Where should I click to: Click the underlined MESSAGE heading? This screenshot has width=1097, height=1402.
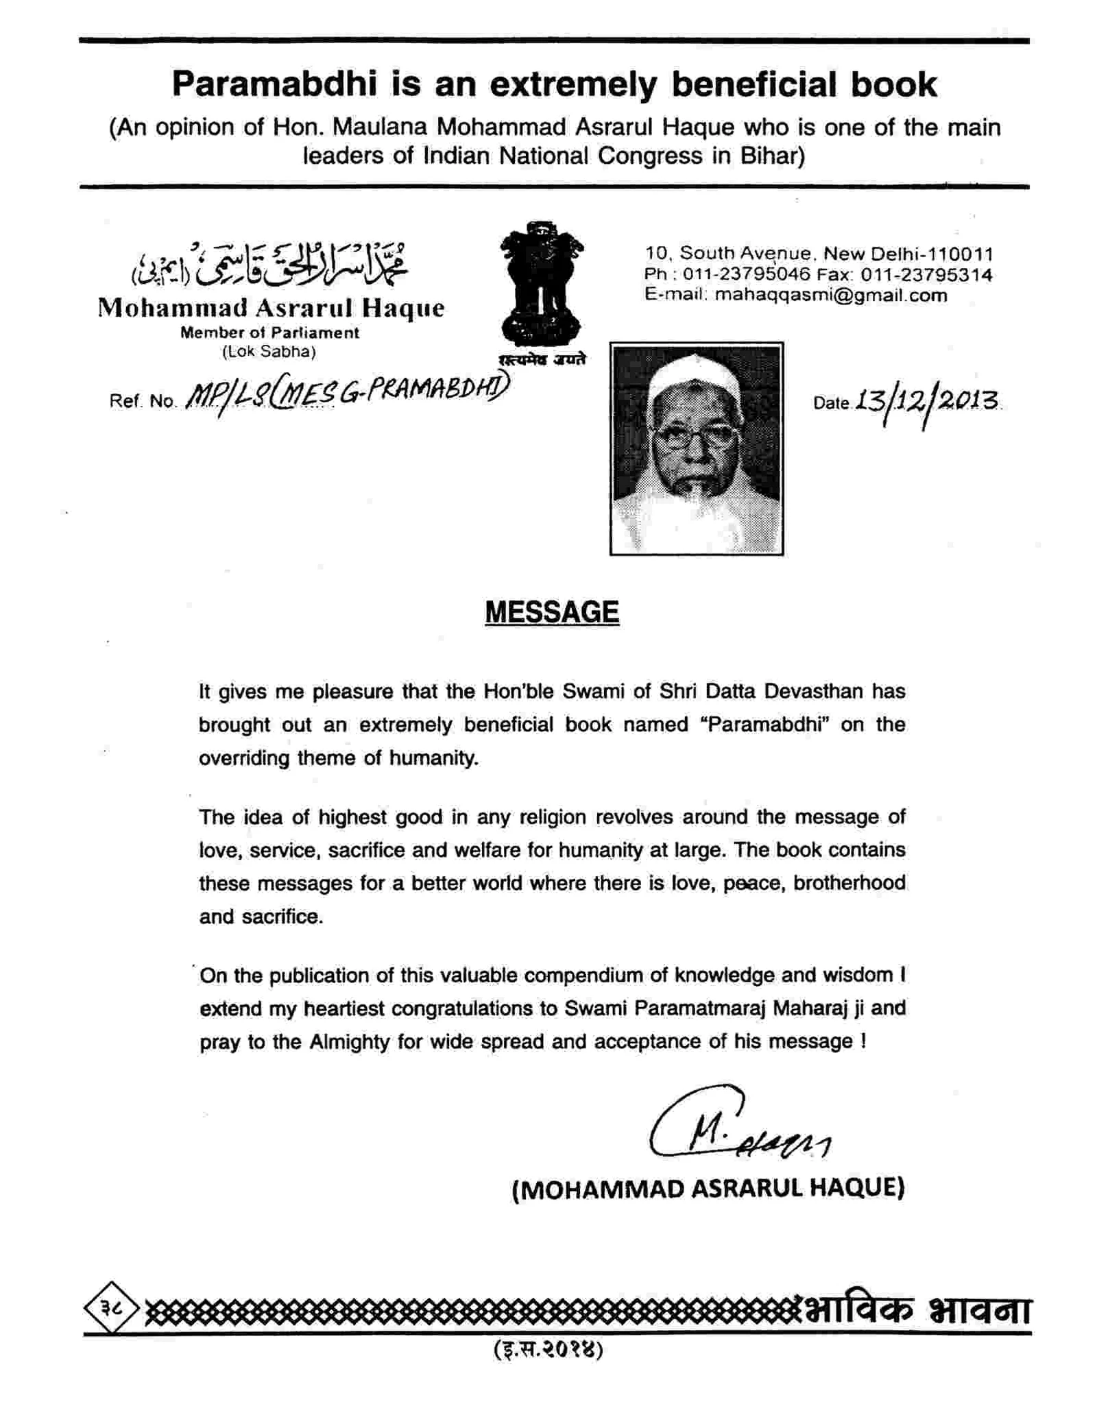pos(551,612)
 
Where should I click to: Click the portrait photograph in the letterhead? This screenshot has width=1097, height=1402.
pos(696,448)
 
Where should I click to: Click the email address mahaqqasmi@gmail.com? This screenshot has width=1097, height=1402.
pos(830,295)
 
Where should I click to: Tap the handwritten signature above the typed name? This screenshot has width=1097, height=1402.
pos(737,1125)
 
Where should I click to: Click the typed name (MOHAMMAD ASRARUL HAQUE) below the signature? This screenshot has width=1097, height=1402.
pos(708,1187)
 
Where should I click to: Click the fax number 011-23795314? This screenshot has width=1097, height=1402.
pos(926,275)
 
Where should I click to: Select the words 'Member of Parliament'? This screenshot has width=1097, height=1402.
pos(269,333)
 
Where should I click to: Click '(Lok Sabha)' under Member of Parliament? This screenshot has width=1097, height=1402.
pos(269,352)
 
